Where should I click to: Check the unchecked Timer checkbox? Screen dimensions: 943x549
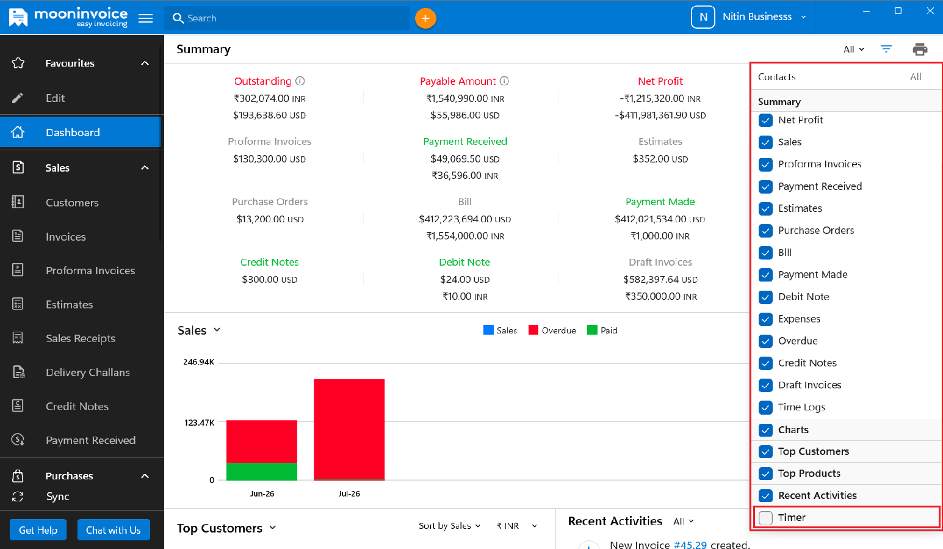pyautogui.click(x=765, y=517)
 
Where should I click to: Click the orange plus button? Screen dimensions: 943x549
pyautogui.click(x=425, y=18)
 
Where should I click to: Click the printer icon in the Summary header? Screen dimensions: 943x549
pyautogui.click(x=920, y=49)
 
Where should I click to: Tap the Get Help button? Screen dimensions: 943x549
pyautogui.click(x=38, y=529)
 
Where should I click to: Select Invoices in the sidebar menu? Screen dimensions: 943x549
pyautogui.click(x=66, y=237)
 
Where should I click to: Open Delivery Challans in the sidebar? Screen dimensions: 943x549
pyautogui.click(x=87, y=373)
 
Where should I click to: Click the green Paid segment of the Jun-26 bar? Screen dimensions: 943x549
pyautogui.click(x=262, y=471)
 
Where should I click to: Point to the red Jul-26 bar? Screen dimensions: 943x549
pyautogui.click(x=349, y=429)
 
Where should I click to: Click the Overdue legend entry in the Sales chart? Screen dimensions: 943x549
pyautogui.click(x=552, y=330)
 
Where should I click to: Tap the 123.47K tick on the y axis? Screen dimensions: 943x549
pyautogui.click(x=199, y=422)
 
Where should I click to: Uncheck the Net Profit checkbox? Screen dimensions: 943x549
pyautogui.click(x=765, y=120)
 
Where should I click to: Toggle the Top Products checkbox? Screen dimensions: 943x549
pyautogui.click(x=765, y=473)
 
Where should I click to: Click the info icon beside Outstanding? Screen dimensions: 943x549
pyautogui.click(x=300, y=81)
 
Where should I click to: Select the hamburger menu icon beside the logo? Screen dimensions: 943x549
pyautogui.click(x=146, y=18)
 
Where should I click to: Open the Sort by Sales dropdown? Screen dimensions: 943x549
pyautogui.click(x=449, y=526)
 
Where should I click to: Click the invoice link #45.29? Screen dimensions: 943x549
pyautogui.click(x=690, y=545)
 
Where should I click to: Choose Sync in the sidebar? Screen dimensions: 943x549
pyautogui.click(x=57, y=496)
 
